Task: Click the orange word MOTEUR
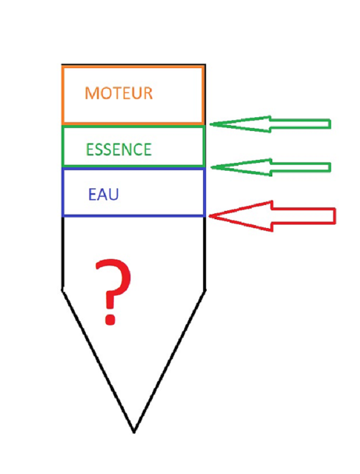(118, 94)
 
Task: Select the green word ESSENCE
(118, 150)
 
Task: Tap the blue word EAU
(104, 195)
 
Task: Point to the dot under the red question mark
(110, 319)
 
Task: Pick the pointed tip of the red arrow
(209, 216)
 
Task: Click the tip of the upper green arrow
(210, 124)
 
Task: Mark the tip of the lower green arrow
(211, 167)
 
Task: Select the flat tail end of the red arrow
(335, 216)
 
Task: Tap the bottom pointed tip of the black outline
(134, 433)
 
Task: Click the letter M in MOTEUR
(91, 94)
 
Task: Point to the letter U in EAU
(114, 195)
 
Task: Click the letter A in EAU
(103, 195)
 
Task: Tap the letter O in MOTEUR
(105, 94)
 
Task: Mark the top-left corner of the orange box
(63, 67)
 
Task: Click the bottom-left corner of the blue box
(63, 216)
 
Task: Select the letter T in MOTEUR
(116, 94)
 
